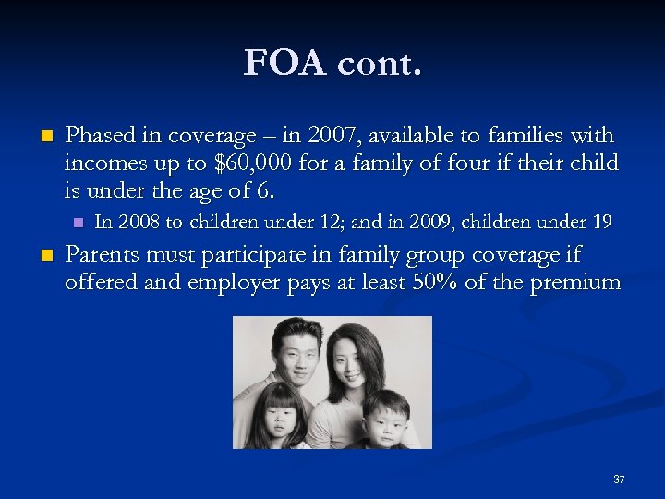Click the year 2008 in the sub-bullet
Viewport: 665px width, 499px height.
[x=139, y=222]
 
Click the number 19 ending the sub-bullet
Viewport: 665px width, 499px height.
[x=601, y=222]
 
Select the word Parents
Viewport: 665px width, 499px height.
[x=103, y=254]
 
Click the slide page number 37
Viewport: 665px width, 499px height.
[x=619, y=480]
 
